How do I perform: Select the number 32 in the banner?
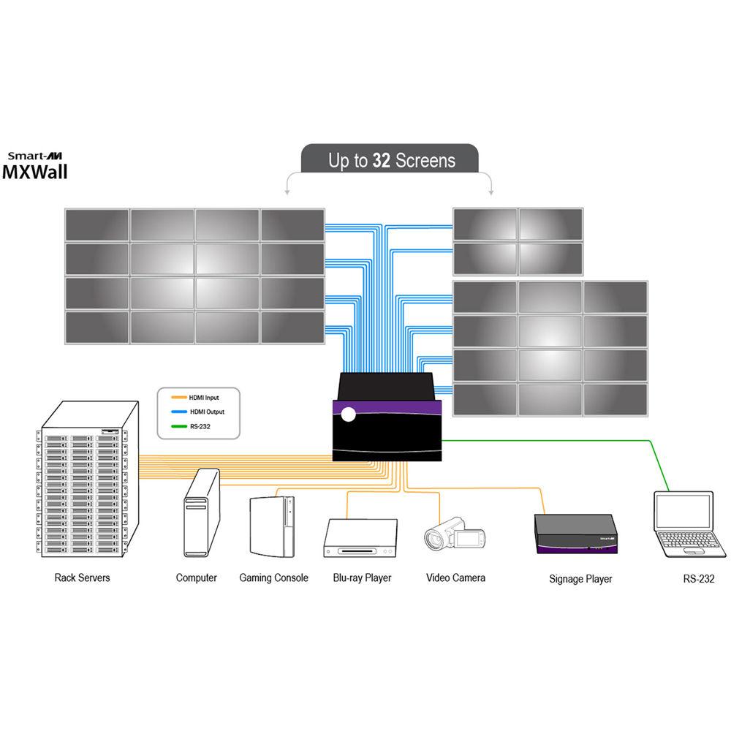point(382,161)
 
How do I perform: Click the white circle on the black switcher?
point(348,414)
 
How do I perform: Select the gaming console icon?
point(273,526)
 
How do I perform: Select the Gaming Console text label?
point(273,577)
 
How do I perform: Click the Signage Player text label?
point(580,579)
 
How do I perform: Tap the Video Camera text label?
point(455,577)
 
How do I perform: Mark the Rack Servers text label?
point(82,577)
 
